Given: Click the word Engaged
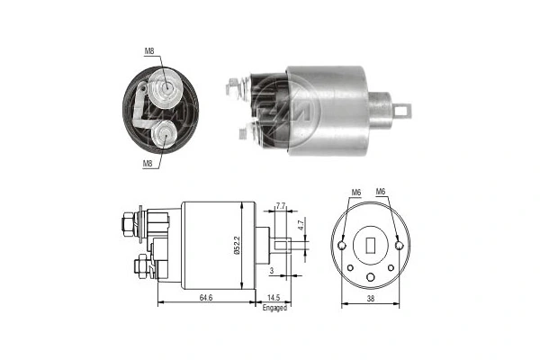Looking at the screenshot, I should (274, 308).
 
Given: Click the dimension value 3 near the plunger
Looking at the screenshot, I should (271, 269).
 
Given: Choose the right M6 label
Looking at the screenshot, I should (381, 192).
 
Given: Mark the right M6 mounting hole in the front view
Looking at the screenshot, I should (399, 242).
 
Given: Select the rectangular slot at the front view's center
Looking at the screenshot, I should (371, 243).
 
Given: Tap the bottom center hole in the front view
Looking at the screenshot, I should (371, 275).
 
